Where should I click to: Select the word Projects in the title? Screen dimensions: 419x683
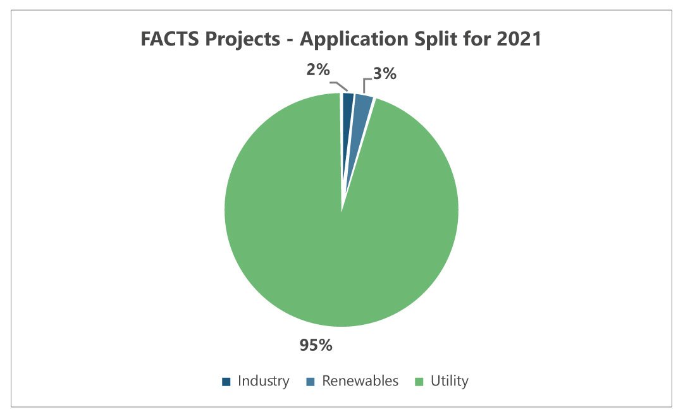pos(242,40)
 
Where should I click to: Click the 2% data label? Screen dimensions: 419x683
pos(318,71)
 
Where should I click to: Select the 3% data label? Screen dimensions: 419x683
pos(384,74)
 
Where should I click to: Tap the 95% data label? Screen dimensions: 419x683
pos(316,345)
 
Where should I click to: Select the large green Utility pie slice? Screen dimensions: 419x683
pos(341,240)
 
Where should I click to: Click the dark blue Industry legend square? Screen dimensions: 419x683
pos(226,382)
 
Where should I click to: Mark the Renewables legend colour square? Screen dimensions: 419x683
pos(310,382)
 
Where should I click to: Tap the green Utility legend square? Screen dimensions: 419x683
pos(419,382)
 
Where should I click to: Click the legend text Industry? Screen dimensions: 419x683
pos(264,381)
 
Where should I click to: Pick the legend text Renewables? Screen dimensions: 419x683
pos(360,381)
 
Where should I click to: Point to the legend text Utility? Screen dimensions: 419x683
pos(450,381)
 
